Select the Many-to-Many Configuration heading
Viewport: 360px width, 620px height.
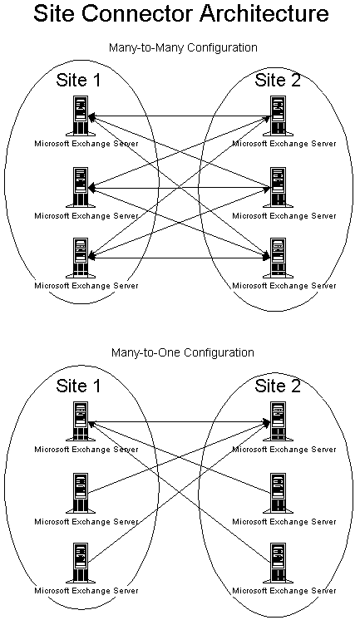(x=183, y=48)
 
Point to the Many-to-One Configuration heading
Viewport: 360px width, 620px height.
(x=183, y=352)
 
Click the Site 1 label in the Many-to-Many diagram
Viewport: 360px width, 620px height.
(x=78, y=80)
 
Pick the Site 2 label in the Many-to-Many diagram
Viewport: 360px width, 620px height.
(x=278, y=80)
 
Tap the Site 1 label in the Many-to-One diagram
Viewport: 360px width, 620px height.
(x=78, y=386)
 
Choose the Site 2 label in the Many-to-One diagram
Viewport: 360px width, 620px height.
(x=278, y=386)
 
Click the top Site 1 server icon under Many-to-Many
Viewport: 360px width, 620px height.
(x=81, y=116)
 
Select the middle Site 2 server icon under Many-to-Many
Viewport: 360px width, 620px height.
(x=279, y=188)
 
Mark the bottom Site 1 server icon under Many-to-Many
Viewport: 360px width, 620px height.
(x=81, y=258)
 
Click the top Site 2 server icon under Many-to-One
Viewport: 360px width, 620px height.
(x=279, y=422)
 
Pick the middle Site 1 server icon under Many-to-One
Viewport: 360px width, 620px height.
(x=81, y=494)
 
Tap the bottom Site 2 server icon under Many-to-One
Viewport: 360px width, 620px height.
(x=279, y=563)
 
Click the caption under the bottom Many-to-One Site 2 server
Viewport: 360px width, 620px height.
(x=284, y=591)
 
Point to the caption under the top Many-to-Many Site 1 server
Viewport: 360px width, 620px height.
(x=86, y=144)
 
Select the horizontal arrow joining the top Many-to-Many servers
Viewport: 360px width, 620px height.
(x=180, y=116)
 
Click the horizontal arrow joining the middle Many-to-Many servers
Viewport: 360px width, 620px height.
(x=180, y=188)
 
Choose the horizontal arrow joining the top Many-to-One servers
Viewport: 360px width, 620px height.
(x=180, y=422)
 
